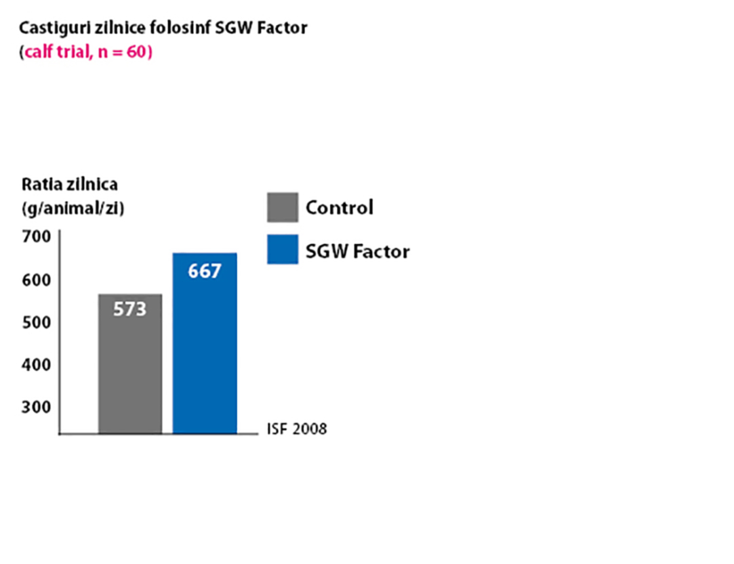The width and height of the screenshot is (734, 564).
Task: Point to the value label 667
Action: coord(205,271)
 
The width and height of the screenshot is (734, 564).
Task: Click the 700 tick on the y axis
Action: coord(37,237)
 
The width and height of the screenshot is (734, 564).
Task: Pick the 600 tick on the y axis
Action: coord(37,280)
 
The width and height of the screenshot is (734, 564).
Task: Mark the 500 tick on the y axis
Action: coord(37,322)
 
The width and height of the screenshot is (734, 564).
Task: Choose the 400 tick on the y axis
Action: coord(37,364)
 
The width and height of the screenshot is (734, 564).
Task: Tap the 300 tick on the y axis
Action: coord(37,407)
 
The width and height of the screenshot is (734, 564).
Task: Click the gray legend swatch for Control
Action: coord(283,207)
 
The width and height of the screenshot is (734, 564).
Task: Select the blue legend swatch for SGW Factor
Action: coord(283,249)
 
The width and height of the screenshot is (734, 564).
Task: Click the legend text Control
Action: coord(339,207)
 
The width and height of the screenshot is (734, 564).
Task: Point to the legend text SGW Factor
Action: coord(357,252)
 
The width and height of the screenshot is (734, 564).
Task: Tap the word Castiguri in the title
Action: coord(47,29)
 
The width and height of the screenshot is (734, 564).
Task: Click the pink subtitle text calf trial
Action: coord(56,53)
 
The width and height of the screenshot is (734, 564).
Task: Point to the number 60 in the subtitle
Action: coord(137,53)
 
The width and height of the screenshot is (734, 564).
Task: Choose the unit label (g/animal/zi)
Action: coord(73,209)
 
